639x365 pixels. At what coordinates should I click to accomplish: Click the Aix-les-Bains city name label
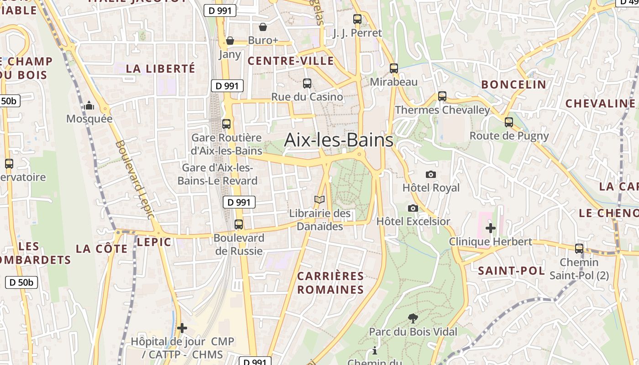pos(338,140)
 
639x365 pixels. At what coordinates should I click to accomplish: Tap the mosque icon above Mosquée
pos(89,106)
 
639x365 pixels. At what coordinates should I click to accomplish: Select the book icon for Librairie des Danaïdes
pos(319,200)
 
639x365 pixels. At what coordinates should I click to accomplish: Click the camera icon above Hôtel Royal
pos(430,174)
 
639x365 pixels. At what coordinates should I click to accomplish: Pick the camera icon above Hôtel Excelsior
pos(413,208)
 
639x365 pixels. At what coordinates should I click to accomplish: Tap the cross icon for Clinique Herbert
pos(491,228)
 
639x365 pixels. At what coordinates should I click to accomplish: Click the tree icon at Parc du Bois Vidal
pos(413,318)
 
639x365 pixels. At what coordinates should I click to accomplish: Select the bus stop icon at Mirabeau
pos(394,68)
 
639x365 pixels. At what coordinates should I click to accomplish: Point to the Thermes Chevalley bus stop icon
pos(442,96)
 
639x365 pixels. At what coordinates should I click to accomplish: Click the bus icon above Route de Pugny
pos(509,122)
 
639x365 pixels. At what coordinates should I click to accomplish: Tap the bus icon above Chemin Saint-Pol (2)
pos(579,249)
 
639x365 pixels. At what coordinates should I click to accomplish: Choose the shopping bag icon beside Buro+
pos(263,27)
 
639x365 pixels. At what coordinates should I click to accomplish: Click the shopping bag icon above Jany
pos(230,41)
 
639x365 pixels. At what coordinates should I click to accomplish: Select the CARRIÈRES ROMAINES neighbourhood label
pos(330,283)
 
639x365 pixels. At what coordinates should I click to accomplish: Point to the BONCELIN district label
pos(513,84)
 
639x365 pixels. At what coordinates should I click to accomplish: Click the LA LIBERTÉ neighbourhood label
pos(160,69)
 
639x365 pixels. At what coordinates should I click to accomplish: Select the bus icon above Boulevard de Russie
pos(239,224)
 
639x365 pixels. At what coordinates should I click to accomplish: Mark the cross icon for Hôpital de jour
pos(182,328)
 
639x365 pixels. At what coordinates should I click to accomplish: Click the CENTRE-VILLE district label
pos(291,61)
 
